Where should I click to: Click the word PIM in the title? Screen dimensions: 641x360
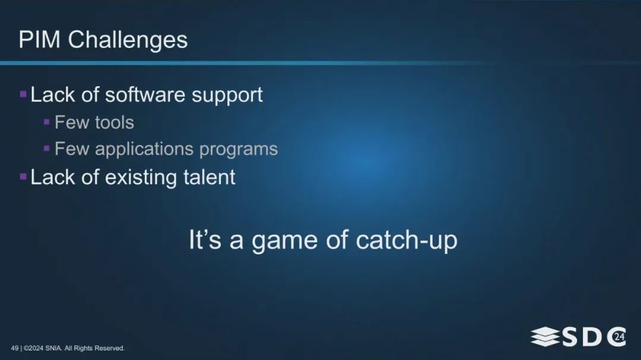point(40,40)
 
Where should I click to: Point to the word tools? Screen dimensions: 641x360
point(115,123)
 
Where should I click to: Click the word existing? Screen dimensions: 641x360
point(141,178)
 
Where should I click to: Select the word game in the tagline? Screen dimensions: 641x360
point(284,241)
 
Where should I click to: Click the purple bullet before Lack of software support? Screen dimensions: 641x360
point(23,95)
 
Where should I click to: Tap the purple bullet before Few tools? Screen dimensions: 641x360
point(47,122)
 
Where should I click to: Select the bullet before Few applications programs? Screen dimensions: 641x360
point(47,148)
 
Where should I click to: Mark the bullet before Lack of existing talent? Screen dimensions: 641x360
point(23,177)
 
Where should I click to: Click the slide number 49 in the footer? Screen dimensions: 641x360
point(15,348)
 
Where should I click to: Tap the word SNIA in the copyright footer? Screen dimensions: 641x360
point(53,348)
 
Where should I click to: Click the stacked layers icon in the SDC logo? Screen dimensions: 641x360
point(545,336)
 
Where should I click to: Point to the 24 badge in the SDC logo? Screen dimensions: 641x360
point(619,337)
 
